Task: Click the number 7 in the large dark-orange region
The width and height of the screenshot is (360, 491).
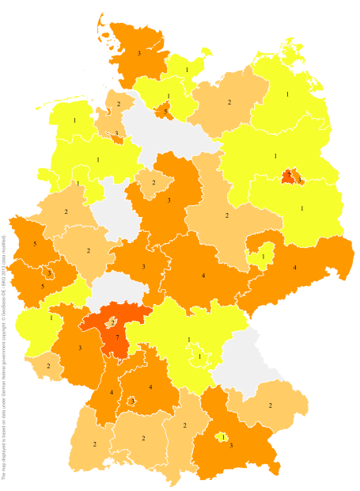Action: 117,337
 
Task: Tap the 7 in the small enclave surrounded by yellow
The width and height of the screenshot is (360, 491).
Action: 290,173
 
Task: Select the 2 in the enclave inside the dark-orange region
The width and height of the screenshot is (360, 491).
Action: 113,322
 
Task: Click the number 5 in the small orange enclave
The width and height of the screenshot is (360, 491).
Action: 165,112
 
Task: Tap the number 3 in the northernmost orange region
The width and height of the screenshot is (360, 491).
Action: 138,53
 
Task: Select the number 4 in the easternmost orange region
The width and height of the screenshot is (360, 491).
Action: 294,268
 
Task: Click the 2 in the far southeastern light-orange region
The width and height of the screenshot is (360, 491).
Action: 271,405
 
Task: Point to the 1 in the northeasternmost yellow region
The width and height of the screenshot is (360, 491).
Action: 287,94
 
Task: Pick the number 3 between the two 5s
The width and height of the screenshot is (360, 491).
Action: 49,273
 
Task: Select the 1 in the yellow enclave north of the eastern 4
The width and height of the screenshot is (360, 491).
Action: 263,257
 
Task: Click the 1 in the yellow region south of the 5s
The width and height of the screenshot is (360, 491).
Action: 51,318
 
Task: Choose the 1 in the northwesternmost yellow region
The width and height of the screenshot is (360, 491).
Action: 74,120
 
